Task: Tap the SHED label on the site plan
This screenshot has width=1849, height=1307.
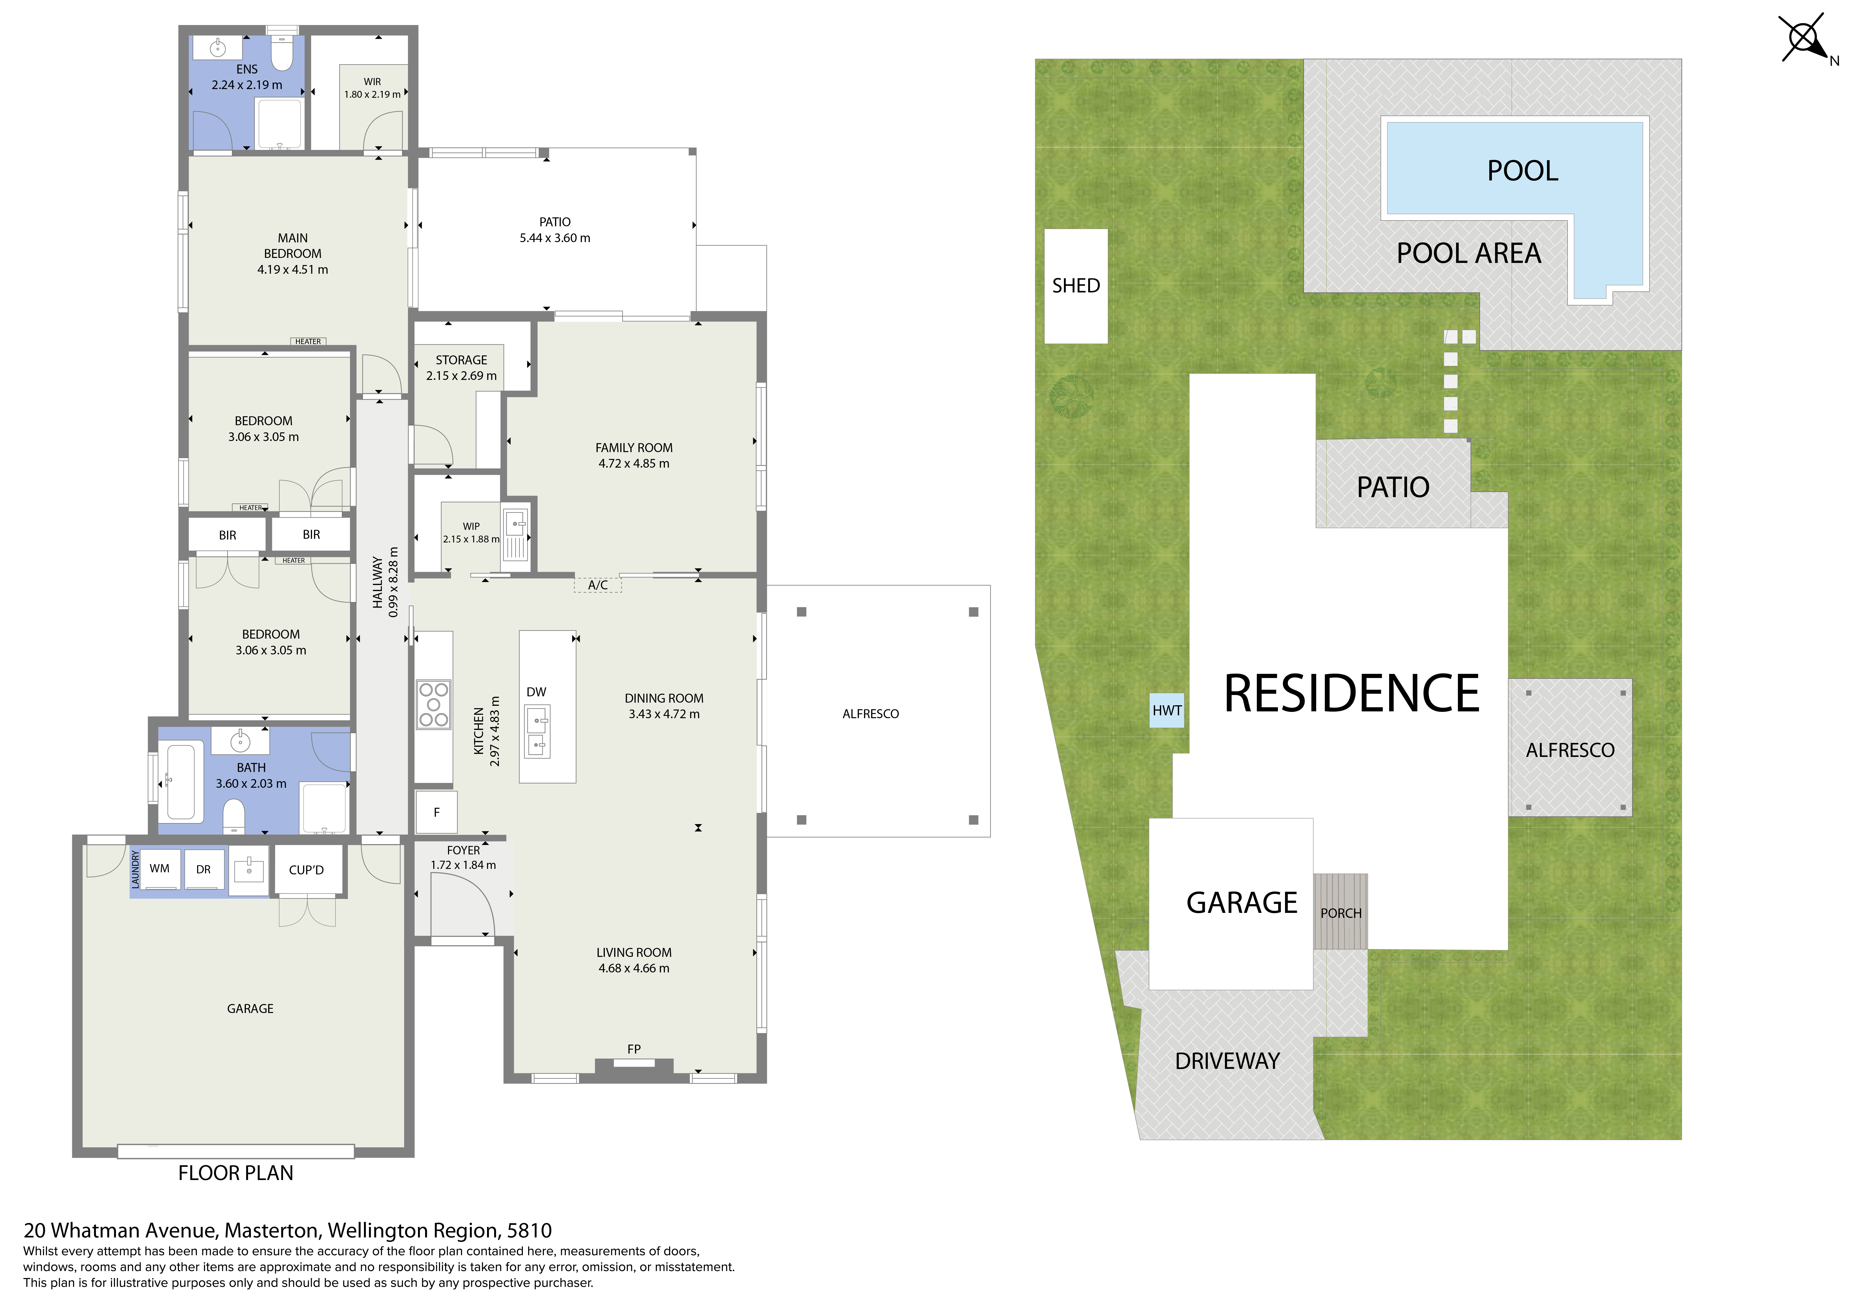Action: pos(1076,286)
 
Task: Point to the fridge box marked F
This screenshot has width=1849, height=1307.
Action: pos(436,812)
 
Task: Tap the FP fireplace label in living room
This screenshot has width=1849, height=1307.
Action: pos(634,1049)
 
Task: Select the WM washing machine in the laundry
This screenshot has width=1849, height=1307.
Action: pos(159,869)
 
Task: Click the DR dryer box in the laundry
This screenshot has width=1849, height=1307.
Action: pos(204,870)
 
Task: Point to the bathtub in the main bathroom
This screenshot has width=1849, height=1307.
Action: pos(181,781)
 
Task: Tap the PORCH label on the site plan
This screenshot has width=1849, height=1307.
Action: pos(1341,913)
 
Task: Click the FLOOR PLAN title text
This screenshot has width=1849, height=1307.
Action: pos(236,1173)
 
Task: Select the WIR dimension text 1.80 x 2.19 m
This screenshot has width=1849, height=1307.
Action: pos(372,94)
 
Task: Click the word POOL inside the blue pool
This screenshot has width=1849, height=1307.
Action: pos(1522,171)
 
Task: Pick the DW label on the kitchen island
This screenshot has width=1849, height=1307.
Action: pos(536,692)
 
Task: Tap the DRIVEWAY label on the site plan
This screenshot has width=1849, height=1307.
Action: pos(1227,1061)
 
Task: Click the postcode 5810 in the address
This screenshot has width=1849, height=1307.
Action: pos(529,1231)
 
